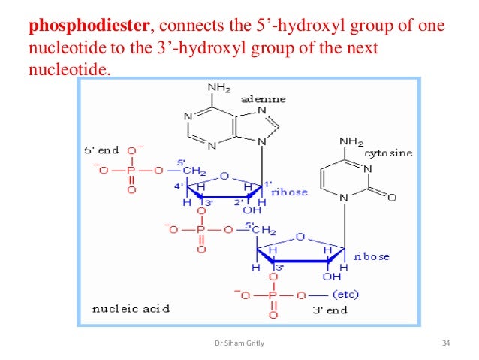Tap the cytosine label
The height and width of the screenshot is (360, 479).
(389, 153)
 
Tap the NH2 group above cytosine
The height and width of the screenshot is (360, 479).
(351, 141)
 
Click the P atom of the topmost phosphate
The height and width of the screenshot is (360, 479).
(132, 170)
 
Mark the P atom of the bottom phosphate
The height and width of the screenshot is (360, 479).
(273, 295)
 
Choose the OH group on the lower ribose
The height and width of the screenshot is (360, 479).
(331, 277)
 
